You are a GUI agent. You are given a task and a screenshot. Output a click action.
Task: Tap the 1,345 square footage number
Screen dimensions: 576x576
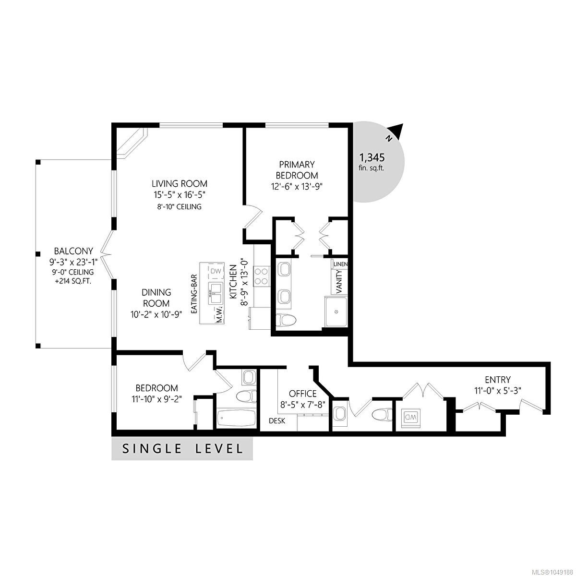pyautogui.click(x=372, y=157)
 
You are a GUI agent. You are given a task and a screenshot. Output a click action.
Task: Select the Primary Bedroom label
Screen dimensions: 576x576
pyautogui.click(x=297, y=170)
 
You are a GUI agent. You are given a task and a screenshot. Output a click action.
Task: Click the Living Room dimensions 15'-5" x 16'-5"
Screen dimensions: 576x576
pyautogui.click(x=180, y=195)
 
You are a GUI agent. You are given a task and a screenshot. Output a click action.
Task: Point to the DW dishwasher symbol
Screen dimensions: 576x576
pyautogui.click(x=216, y=271)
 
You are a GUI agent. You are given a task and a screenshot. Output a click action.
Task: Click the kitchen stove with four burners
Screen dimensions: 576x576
pyautogui.click(x=261, y=276)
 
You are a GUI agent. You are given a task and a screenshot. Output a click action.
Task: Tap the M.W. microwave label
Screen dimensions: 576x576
pyautogui.click(x=220, y=315)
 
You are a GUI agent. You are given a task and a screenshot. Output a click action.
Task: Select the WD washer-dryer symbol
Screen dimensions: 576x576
pyautogui.click(x=412, y=416)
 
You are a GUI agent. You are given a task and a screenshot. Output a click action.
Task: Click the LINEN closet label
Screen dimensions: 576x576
pyautogui.click(x=340, y=264)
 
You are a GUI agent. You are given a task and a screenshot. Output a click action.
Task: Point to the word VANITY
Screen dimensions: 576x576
pyautogui.click(x=339, y=281)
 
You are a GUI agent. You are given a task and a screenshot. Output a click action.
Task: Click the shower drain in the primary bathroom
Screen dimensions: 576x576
pyautogui.click(x=336, y=312)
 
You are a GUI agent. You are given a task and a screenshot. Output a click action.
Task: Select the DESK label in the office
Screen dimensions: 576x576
pyautogui.click(x=277, y=421)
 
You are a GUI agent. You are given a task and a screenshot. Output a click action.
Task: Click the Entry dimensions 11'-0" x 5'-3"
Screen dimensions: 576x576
pyautogui.click(x=498, y=391)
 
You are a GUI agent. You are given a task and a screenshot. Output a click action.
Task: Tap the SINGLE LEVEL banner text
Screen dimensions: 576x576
pyautogui.click(x=182, y=449)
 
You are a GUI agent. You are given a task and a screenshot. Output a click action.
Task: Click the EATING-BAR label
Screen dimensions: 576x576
pyautogui.click(x=194, y=294)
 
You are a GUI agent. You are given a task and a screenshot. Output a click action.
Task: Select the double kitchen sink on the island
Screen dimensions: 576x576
pyautogui.click(x=216, y=294)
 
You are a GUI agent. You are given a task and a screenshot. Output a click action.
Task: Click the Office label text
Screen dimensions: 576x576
pyautogui.click(x=302, y=394)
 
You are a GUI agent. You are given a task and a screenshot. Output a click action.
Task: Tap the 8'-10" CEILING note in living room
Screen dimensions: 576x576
pyautogui.click(x=180, y=206)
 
